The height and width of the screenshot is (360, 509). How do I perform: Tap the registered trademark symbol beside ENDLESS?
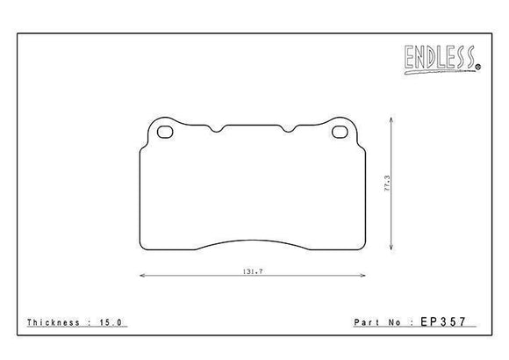(478, 67)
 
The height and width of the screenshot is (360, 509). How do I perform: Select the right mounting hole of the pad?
(341, 133)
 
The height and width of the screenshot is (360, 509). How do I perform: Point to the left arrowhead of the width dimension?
(142, 277)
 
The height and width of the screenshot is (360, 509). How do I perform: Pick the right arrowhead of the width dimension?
(363, 277)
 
